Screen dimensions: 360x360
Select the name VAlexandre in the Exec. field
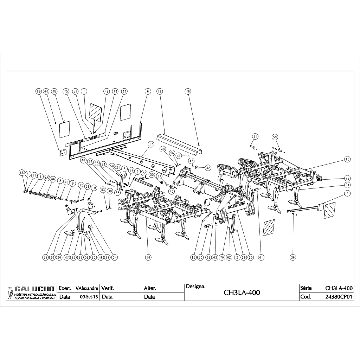pyautogui.click(x=87, y=288)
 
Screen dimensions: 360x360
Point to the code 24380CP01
pyautogui.click(x=339, y=297)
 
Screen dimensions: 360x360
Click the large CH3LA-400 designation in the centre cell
pyautogui.click(x=242, y=292)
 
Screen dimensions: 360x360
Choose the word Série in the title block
pyautogui.click(x=306, y=288)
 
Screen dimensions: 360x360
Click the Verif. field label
pyautogui.click(x=108, y=288)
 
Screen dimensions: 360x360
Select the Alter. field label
pyautogui.click(x=150, y=288)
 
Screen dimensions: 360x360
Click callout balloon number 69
pyautogui.click(x=39, y=91)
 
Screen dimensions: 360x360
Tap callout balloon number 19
pyautogui.click(x=160, y=91)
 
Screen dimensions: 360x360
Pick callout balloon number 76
pyautogui.click(x=188, y=91)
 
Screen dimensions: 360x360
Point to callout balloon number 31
pyautogui.click(x=255, y=136)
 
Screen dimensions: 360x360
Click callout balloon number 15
pyautogui.click(x=347, y=159)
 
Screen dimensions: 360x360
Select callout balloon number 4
pyautogui.click(x=347, y=193)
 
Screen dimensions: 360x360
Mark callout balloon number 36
pyautogui.click(x=293, y=257)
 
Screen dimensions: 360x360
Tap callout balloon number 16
pyautogui.click(x=148, y=257)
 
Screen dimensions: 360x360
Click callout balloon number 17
pyautogui.click(x=151, y=144)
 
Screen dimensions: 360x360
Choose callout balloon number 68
pyautogui.click(x=22, y=173)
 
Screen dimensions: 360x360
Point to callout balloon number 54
pyautogui.click(x=115, y=257)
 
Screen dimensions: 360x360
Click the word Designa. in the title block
pyautogui.click(x=195, y=286)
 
